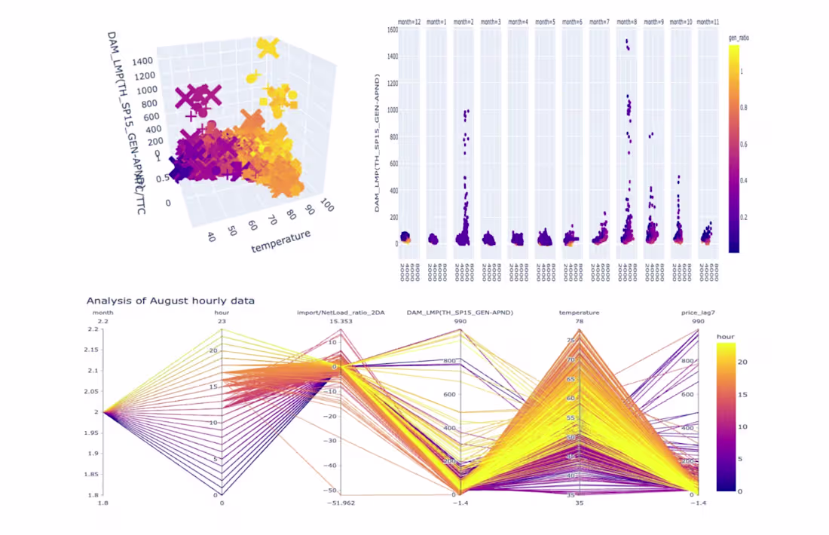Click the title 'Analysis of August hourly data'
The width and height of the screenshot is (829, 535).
[x=170, y=301]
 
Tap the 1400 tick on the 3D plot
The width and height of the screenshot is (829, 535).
[x=142, y=61]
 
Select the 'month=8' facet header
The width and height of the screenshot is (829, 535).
[x=627, y=22]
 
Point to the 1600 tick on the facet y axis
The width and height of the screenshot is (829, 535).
[x=392, y=30]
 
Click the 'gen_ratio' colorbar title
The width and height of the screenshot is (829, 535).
[x=739, y=37]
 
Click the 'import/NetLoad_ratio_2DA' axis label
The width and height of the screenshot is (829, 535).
[x=341, y=312]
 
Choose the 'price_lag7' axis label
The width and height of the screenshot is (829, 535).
[x=699, y=312]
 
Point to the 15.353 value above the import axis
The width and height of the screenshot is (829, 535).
[x=341, y=322]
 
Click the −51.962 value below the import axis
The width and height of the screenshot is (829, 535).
[x=341, y=503]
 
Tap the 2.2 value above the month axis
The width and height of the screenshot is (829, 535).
[x=103, y=322]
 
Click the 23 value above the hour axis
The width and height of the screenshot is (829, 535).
[x=222, y=322]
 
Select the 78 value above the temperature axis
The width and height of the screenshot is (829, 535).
[x=580, y=322]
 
